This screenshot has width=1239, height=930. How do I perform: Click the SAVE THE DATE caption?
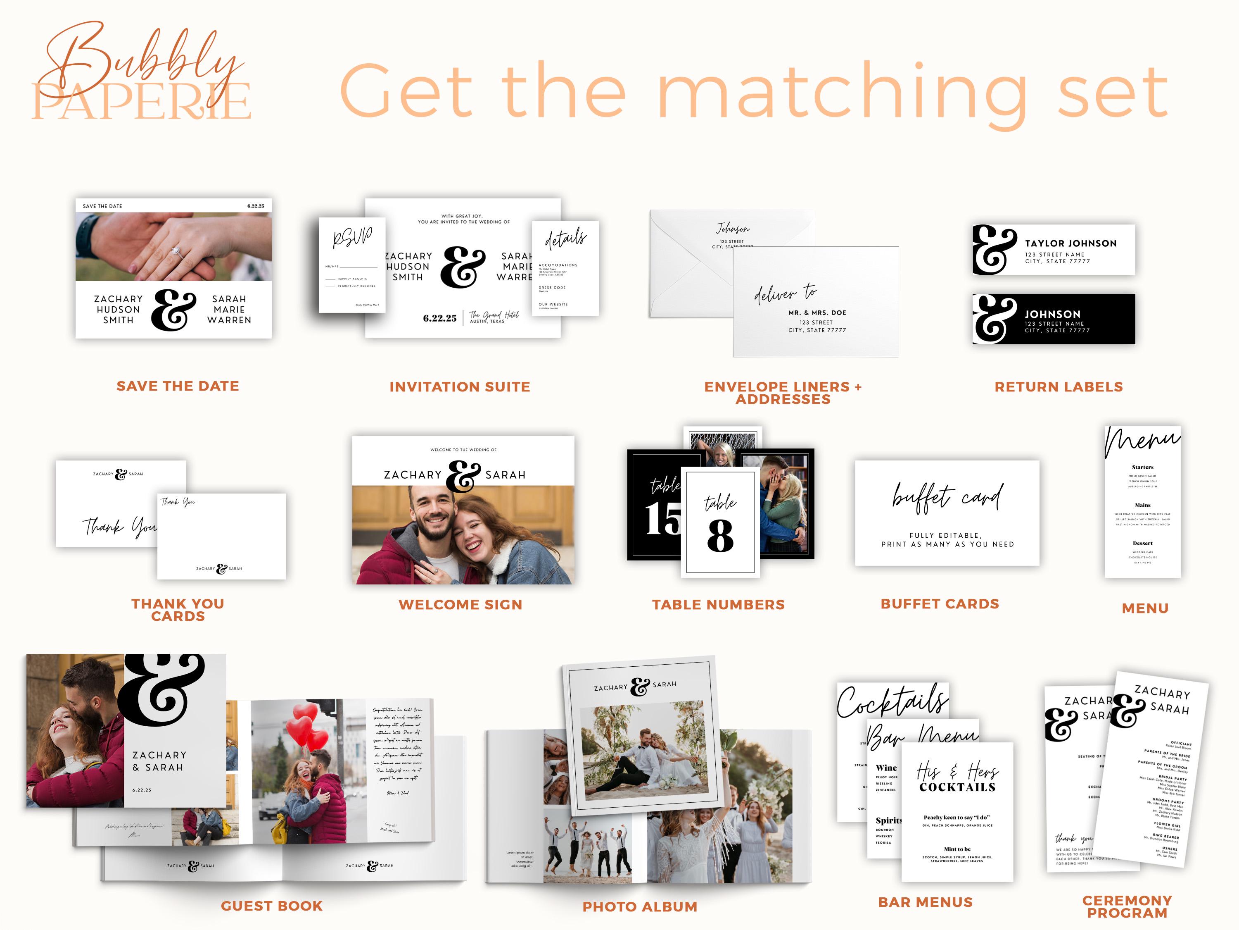tap(178, 386)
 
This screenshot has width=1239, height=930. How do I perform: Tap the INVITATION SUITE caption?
tap(459, 387)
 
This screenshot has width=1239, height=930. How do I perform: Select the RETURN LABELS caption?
tap(1058, 387)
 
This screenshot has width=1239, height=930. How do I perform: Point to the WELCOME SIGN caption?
tap(460, 604)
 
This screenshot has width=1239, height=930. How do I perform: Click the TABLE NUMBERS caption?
tap(718, 604)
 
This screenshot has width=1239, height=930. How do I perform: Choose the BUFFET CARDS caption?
tap(939, 604)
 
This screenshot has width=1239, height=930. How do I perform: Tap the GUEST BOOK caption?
tap(272, 906)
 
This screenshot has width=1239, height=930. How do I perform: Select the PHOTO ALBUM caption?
tap(640, 906)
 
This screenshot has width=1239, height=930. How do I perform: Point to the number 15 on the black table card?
tap(662, 519)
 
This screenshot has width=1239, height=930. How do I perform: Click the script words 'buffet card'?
tap(947, 497)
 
